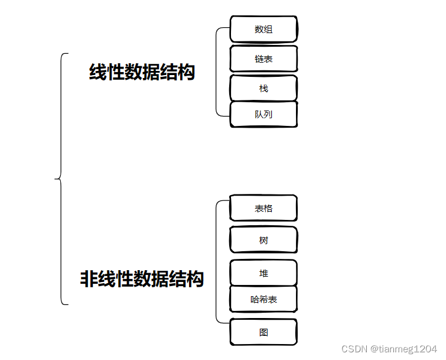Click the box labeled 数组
(263, 30)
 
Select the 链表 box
(263, 59)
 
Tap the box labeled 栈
(263, 88)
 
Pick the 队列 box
(263, 115)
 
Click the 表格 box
(263, 209)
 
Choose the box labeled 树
(263, 241)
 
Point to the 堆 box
(263, 274)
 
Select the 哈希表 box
(263, 300)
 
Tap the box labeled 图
(263, 332)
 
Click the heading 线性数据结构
(142, 73)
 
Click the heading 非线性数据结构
(142, 278)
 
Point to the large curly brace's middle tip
(56, 177)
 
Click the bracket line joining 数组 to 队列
(216, 71)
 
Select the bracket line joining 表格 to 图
(216, 260)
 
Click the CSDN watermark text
(354, 349)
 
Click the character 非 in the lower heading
(89, 278)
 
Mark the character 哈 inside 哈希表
(255, 300)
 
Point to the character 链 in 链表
(259, 59)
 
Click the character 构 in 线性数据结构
(186, 73)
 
